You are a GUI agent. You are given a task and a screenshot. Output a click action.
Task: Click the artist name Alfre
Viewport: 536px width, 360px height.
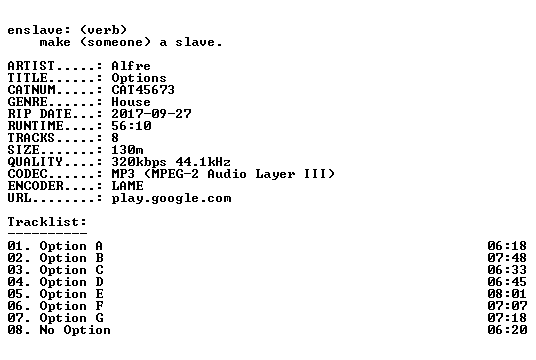click(131, 66)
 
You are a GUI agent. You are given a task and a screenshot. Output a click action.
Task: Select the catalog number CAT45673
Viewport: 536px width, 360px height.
click(143, 90)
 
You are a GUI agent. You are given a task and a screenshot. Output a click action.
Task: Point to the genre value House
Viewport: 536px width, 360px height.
click(131, 102)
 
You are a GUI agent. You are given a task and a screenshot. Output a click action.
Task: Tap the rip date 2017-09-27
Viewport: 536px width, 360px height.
click(151, 114)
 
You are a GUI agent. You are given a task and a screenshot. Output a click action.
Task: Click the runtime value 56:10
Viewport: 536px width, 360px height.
click(131, 126)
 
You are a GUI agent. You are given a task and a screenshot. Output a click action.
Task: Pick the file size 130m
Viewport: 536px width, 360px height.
click(127, 150)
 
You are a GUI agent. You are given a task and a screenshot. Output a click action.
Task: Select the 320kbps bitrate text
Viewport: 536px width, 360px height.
click(139, 162)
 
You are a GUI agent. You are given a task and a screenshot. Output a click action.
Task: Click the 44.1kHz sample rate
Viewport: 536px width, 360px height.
click(203, 162)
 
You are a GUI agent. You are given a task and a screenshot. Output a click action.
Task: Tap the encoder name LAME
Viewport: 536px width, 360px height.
click(127, 186)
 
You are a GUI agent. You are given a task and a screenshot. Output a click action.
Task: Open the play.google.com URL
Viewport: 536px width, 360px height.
click(171, 199)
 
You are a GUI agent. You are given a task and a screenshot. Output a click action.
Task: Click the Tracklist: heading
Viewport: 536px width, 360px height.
click(47, 222)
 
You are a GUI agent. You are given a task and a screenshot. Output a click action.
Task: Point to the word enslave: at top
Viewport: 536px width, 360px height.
click(39, 30)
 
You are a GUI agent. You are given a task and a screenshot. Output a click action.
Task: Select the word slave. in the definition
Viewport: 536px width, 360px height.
click(199, 42)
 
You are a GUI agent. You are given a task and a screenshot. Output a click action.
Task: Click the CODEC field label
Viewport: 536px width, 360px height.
click(27, 174)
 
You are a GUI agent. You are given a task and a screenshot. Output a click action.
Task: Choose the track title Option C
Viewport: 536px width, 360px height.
click(71, 270)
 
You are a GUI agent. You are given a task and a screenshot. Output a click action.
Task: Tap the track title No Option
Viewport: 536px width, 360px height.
click(75, 330)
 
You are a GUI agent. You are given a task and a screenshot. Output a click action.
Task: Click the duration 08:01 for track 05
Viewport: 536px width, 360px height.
click(507, 294)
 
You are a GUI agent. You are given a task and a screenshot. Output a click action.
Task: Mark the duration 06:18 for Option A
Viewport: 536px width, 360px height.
click(507, 246)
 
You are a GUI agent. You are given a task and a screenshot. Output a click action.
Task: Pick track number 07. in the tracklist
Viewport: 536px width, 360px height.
click(19, 318)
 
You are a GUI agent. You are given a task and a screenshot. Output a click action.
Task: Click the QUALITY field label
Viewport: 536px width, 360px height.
click(35, 162)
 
